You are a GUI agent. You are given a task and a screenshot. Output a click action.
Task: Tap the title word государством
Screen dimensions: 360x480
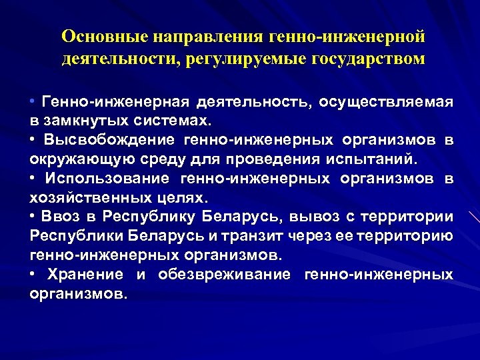pyautogui.click(x=367, y=58)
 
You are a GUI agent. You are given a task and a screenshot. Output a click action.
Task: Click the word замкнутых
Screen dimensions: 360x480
pyautogui.click(x=87, y=121)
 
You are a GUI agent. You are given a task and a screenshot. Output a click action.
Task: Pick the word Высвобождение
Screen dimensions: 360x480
pyautogui.click(x=110, y=141)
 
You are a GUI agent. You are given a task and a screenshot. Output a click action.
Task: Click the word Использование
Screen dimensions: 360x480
pyautogui.click(x=111, y=179)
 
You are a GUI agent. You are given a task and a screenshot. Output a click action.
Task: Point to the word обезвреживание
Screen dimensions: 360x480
pyautogui.click(x=225, y=275)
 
